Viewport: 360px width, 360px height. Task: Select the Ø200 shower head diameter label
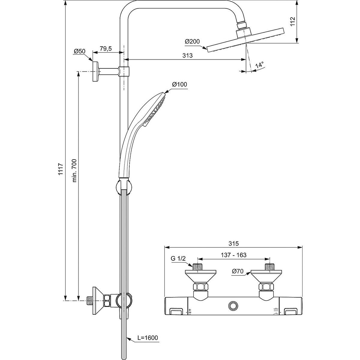192,42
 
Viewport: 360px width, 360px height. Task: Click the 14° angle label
259,64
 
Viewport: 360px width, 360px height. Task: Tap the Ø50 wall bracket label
79,51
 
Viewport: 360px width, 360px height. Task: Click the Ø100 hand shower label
179,85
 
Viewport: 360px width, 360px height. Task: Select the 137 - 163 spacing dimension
233,255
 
